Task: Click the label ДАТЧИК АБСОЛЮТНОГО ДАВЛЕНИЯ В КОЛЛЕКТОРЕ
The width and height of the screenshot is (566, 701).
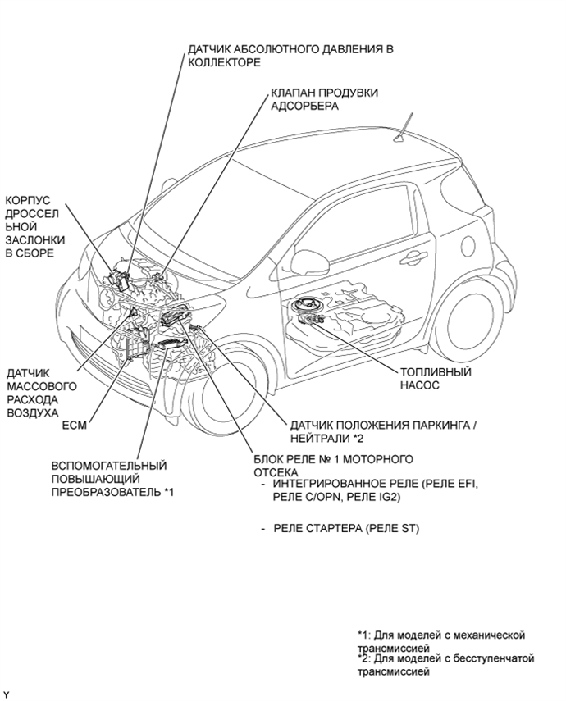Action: point(289,55)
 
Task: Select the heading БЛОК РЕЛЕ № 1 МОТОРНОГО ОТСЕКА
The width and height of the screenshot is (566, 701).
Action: point(333,464)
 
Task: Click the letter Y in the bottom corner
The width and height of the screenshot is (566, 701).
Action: point(6,694)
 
